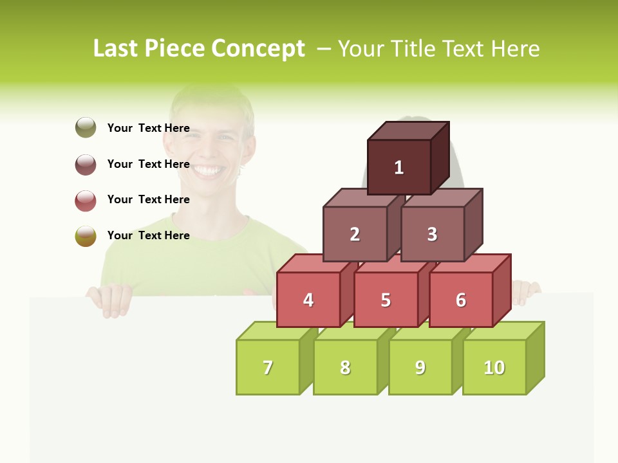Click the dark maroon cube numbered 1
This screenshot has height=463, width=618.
pyautogui.click(x=399, y=167)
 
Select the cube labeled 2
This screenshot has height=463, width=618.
pyautogui.click(x=355, y=234)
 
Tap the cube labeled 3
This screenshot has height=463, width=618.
pyautogui.click(x=432, y=234)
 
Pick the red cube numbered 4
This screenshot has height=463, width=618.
pyautogui.click(x=308, y=300)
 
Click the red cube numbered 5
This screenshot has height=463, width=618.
pyautogui.click(x=386, y=300)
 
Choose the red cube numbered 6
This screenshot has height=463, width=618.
pyautogui.click(x=461, y=300)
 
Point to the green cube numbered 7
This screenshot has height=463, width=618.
pyautogui.click(x=268, y=367)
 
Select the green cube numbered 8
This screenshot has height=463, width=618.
pyautogui.click(x=345, y=367)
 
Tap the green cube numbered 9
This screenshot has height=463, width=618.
pyautogui.click(x=420, y=367)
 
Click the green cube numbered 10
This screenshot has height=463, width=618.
pyautogui.click(x=494, y=367)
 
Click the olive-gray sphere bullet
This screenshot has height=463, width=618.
pyautogui.click(x=86, y=127)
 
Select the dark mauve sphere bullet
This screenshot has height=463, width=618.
pyautogui.click(x=86, y=164)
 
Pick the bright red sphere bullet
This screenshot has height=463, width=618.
pyautogui.click(x=86, y=200)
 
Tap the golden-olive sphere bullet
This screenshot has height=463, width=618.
pyautogui.click(x=86, y=236)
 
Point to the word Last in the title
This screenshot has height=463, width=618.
pyautogui.click(x=116, y=49)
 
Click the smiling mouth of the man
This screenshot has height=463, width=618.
pyautogui.click(x=207, y=170)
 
